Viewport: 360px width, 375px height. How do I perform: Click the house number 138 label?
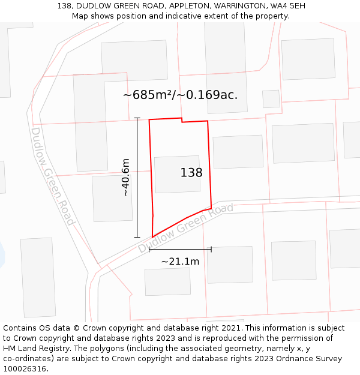pos(191,173)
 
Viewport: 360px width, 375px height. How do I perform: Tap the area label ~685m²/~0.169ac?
pos(180,95)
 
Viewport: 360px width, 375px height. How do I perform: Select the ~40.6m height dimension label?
pos(125,177)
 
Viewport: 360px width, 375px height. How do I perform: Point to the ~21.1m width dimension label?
pos(180,261)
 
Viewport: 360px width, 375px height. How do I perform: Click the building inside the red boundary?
pos(177,174)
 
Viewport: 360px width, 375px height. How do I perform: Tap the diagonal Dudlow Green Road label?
pos(185,228)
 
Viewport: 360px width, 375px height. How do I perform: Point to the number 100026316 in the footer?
pos(25,368)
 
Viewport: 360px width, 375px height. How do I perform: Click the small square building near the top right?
pos(271,98)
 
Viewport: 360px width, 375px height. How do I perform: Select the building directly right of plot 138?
pos(238,152)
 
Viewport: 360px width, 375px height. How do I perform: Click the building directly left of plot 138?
pos(112,197)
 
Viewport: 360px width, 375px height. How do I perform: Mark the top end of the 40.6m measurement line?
pos(137,118)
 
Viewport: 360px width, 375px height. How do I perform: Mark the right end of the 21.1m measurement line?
pos(211,249)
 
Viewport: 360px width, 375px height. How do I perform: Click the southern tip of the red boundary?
pos(152,237)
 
